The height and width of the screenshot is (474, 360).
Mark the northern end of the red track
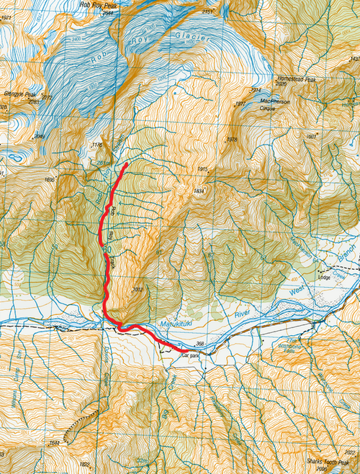[127, 165]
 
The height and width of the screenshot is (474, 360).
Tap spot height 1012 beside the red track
[138, 290]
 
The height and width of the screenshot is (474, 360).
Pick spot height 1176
[99, 146]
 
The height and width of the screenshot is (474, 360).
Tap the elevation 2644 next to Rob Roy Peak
[107, 12]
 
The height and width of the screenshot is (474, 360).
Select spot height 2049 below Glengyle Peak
[40, 135]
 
